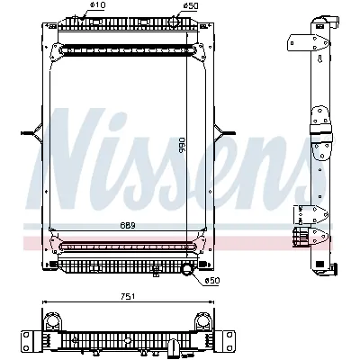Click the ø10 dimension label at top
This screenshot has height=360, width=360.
coord(97,6)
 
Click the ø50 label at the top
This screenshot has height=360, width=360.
coord(190,6)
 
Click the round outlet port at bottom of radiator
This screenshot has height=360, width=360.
coord(187,269)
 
